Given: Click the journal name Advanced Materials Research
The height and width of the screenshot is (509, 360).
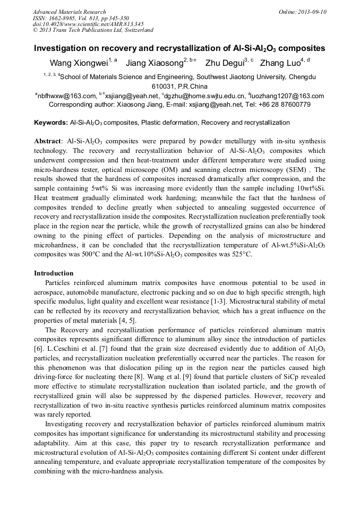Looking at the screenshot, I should pos(69,12).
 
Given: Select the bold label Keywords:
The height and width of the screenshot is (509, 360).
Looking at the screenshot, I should pos(51,123).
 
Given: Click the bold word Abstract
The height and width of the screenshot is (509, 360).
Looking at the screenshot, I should pos(48,141).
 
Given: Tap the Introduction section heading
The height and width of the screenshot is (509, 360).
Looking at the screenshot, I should pos(54,273).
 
